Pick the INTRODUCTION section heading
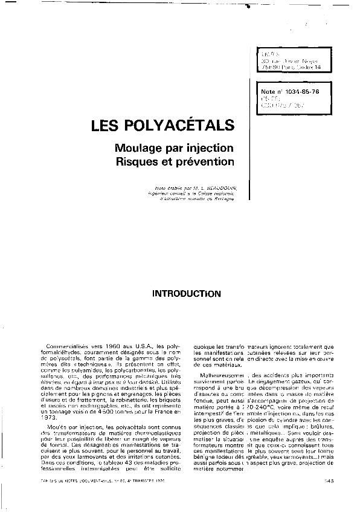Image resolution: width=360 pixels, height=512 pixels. tap(186, 294)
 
